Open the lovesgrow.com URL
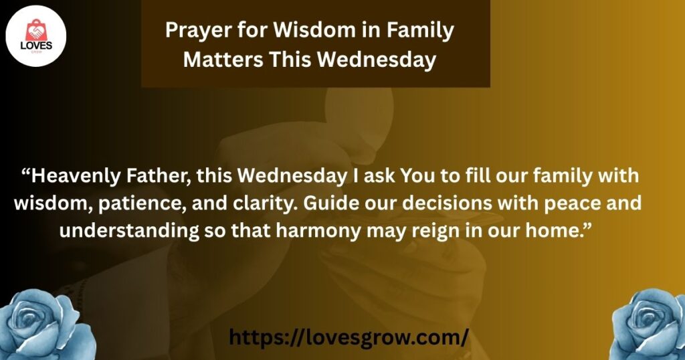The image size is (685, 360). point(349,337)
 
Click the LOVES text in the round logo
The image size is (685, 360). point(36,46)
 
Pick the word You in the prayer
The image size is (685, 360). point(415,175)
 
